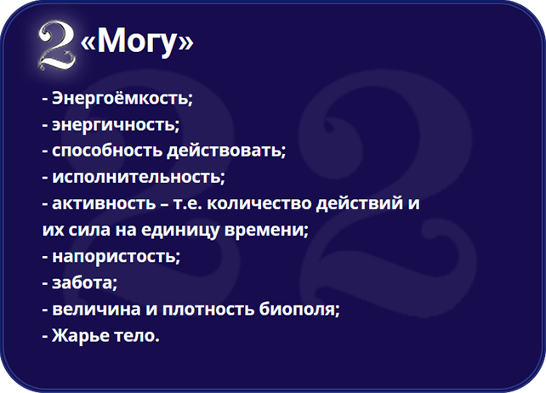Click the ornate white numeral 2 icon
(x=57, y=44)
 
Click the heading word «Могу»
(x=137, y=41)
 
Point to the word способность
(x=107, y=151)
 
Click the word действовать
(x=225, y=151)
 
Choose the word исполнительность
(x=136, y=177)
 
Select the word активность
(x=104, y=203)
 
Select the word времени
(x=264, y=231)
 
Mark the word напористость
(x=114, y=256)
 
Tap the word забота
(x=82, y=282)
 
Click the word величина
(x=96, y=309)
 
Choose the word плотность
(x=208, y=309)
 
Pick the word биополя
(x=298, y=309)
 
